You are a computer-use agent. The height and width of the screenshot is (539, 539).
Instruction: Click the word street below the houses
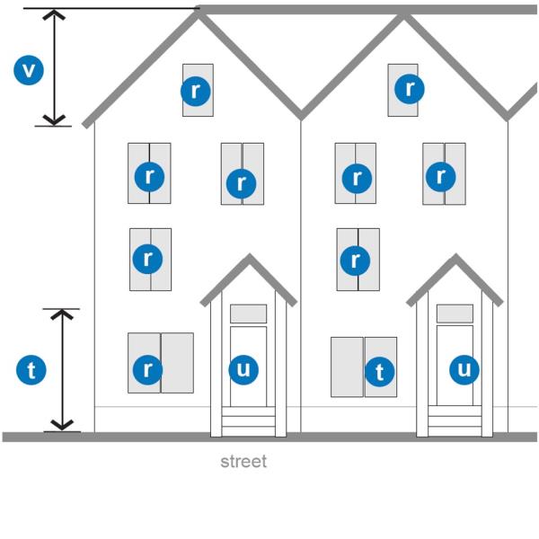point(243,462)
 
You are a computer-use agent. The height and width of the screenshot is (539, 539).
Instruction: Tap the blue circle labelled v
point(29,70)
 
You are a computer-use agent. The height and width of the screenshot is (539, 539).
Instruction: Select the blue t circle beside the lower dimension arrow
point(31,370)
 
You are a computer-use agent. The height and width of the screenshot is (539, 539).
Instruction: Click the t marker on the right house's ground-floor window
point(379,372)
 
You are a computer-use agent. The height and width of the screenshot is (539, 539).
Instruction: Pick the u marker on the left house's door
point(243,369)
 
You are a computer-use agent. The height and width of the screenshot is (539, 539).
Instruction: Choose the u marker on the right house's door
point(464,369)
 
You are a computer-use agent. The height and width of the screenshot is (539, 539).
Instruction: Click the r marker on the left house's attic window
point(195,91)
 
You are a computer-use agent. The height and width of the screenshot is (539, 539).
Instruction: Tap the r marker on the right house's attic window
point(409,89)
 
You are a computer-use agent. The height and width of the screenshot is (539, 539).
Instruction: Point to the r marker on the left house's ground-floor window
point(147,369)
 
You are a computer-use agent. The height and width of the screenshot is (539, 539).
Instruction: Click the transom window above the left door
point(248,314)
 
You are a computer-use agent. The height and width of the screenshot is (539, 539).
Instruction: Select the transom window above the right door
point(455,314)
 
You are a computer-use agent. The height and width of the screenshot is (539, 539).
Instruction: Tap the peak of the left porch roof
point(249,255)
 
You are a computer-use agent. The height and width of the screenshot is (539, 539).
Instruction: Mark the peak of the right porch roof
point(455,255)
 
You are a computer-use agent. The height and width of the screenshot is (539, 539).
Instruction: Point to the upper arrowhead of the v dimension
point(54,14)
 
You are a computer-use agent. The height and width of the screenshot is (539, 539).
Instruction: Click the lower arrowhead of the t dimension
point(62,425)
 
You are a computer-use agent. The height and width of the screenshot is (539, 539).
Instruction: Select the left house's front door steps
point(248,421)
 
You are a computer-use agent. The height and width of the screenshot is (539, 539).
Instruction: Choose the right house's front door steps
point(455,421)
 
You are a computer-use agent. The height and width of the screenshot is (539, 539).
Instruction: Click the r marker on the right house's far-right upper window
point(441,177)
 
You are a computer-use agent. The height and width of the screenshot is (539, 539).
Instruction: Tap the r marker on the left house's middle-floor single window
point(147,259)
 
